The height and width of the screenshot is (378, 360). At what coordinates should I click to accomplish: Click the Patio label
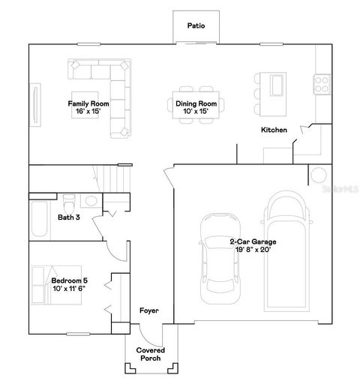[x=196, y=26]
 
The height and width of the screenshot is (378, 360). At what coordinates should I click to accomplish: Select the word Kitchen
[x=274, y=130]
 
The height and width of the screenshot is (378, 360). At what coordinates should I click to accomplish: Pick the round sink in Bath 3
[x=90, y=200]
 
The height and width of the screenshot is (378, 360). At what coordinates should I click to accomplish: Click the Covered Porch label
[x=150, y=354]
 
